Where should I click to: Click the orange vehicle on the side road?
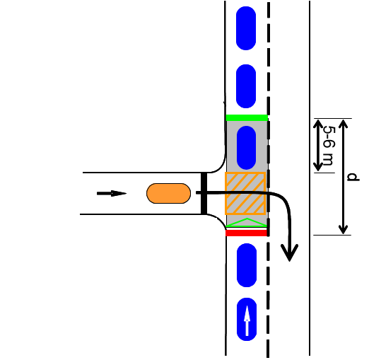[x=168, y=193]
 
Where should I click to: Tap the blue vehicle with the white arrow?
[x=247, y=319]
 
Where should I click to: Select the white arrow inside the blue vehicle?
[x=247, y=320]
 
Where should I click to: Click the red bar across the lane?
[x=246, y=233]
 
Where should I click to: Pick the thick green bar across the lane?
[x=247, y=117]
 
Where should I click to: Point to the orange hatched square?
[x=245, y=193]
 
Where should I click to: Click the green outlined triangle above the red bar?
[x=247, y=223]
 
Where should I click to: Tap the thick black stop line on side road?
[x=204, y=193]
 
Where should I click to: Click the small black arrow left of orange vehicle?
[x=112, y=194]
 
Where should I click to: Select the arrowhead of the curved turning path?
[x=289, y=252]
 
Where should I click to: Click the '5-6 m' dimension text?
[x=329, y=146]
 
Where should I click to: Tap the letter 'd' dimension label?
[x=353, y=177]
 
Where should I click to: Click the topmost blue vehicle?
[x=246, y=28]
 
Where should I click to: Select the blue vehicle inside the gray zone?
[x=246, y=148]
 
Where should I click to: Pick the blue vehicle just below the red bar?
[x=247, y=265]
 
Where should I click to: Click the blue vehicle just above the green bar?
[x=246, y=86]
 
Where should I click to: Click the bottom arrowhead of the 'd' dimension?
[x=344, y=230]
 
